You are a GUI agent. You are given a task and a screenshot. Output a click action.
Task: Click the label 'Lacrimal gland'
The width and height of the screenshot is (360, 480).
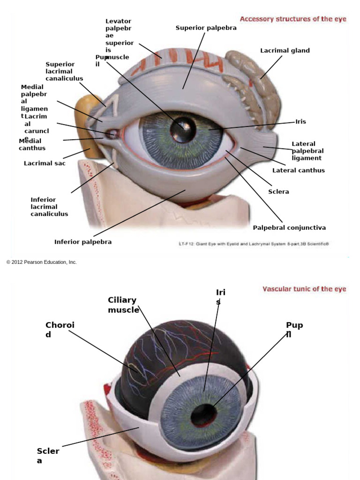tap(285, 51)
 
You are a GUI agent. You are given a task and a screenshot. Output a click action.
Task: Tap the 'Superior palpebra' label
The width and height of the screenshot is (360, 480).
tap(206, 28)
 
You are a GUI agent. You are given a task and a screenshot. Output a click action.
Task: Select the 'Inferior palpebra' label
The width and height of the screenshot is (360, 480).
tap(83, 242)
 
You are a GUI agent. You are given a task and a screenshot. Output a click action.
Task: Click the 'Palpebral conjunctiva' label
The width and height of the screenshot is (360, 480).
tap(289, 228)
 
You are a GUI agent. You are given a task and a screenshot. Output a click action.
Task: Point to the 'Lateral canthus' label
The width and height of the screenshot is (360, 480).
tap(298, 170)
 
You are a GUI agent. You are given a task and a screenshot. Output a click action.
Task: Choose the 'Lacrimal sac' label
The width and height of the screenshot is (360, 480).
tap(45, 164)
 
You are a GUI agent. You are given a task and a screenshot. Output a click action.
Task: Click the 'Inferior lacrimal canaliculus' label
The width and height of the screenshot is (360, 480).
tap(49, 207)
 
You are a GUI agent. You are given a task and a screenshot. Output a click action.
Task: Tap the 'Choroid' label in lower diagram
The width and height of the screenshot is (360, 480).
tap(60, 330)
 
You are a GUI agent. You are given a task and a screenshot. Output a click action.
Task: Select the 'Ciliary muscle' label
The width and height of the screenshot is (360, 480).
tap(123, 305)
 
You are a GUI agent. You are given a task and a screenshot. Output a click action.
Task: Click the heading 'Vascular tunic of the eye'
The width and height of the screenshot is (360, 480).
tap(304, 289)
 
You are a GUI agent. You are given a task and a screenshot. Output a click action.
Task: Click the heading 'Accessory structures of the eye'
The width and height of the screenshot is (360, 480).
tap(293, 19)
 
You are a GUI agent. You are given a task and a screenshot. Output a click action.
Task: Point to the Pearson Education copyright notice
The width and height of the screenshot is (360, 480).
tap(41, 262)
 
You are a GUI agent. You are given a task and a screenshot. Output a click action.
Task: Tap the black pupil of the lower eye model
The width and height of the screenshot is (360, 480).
tap(203, 415)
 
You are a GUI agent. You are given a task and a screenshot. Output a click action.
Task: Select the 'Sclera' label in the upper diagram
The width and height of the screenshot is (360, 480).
tap(278, 192)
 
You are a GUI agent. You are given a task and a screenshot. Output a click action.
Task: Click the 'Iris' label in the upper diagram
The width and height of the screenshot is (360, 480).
tap(300, 122)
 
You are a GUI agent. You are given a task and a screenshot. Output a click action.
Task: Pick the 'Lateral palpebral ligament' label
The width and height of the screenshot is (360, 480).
tap(307, 151)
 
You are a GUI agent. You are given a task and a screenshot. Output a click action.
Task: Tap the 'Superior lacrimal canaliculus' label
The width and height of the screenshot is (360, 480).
tap(64, 71)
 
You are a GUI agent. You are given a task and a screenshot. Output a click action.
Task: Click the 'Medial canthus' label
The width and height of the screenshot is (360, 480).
tap(32, 144)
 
